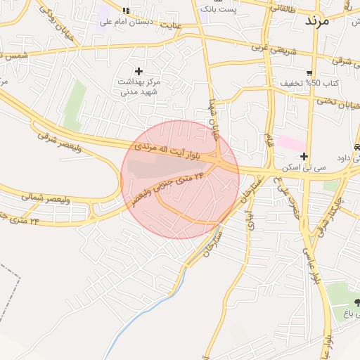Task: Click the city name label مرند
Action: [x=317, y=21]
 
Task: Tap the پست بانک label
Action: [x=219, y=9]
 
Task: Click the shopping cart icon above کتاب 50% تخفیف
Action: [x=309, y=72]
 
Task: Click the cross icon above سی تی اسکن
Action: [x=303, y=156]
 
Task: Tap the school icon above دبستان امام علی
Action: [x=126, y=11]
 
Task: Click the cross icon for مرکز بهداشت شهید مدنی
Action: [x=139, y=71]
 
